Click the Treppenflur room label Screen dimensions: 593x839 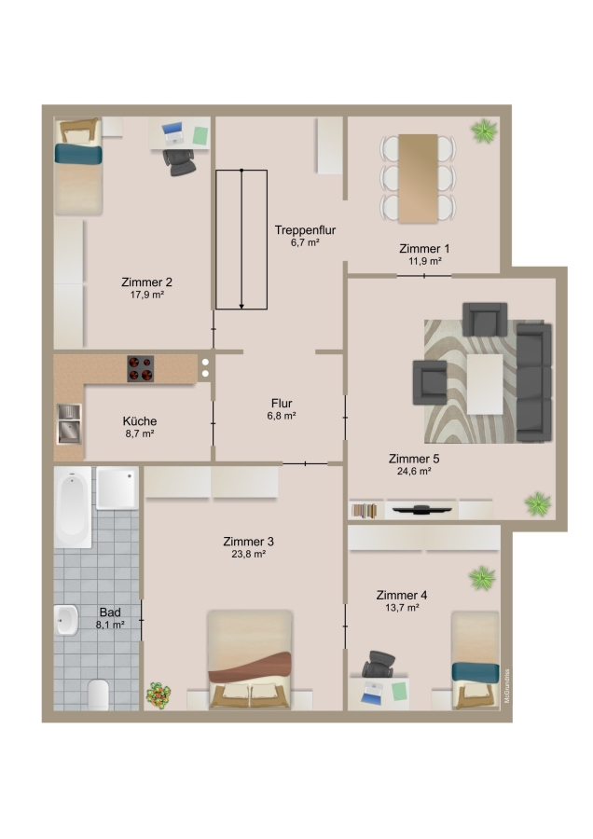305,230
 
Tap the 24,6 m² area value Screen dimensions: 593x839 414,472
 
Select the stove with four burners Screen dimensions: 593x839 140,368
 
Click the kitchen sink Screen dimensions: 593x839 69,424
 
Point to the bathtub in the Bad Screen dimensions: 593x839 73,507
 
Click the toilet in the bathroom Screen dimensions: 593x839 99,695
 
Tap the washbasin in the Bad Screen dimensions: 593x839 65,620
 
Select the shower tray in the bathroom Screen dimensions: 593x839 117,488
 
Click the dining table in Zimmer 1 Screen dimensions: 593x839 418,178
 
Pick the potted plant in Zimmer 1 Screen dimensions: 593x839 484,131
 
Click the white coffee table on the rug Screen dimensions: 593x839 485,384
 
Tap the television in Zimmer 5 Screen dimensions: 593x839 421,509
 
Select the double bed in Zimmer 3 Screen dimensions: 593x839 249,660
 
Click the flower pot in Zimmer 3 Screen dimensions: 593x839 159,695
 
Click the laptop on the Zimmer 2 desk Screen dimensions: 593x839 172,133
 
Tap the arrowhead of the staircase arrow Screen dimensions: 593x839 241,306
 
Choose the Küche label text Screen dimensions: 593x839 140,421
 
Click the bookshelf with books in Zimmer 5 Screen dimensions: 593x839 364,511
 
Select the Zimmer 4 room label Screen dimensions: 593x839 402,595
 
